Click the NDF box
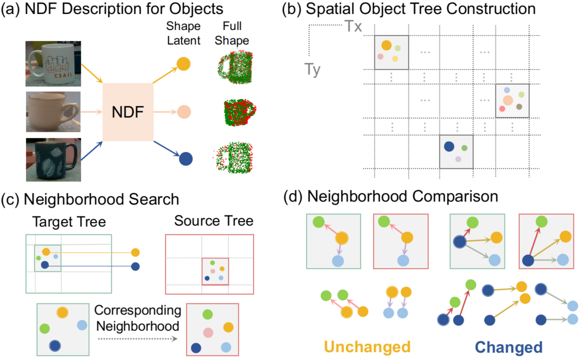tap(128, 112)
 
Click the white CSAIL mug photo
tap(53, 63)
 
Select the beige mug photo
tap(53, 112)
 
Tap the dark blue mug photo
tap(53, 160)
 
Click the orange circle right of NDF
tap(183, 64)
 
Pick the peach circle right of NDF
tap(184, 112)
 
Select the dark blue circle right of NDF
tap(186, 159)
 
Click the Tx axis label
tap(353, 26)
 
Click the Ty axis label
tap(312, 69)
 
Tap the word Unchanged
tap(367, 347)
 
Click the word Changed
tap(508, 347)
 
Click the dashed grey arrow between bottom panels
tap(138, 339)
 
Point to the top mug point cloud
tap(236, 68)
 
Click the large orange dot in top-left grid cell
tap(386, 45)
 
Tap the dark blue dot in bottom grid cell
tap(449, 146)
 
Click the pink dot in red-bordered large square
tap(208, 332)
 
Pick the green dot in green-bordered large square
tap(44, 328)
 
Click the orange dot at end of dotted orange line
tap(135, 252)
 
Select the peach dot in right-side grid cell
tap(508, 100)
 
